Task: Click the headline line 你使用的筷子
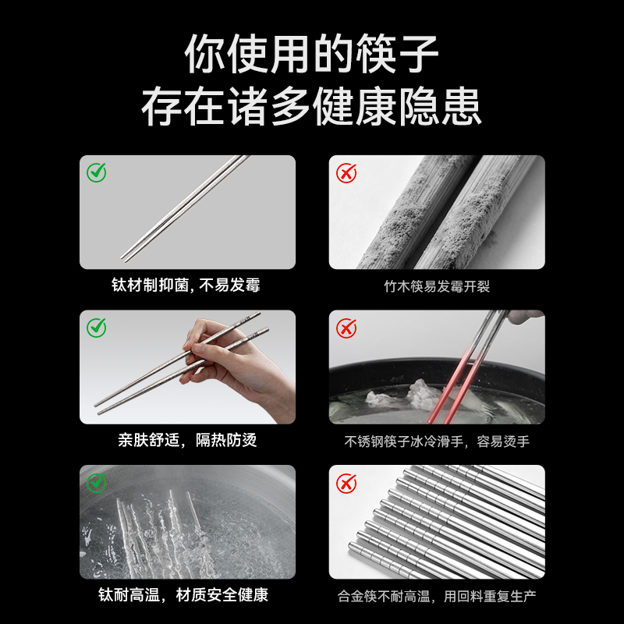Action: coord(311,54)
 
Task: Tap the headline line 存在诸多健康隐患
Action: coord(311,107)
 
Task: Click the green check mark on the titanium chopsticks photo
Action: coord(96,172)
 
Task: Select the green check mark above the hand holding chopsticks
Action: coord(96,328)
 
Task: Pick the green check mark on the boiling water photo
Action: coord(96,483)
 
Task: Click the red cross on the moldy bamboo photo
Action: coord(346,173)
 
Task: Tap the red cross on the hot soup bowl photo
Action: coord(346,328)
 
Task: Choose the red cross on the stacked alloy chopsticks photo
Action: coord(346,484)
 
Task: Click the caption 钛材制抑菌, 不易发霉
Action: coord(186,285)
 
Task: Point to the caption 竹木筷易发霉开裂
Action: coord(437,286)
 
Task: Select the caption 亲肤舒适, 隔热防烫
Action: coord(187,440)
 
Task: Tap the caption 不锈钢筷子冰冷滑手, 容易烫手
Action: coord(437,441)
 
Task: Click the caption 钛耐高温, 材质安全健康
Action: coord(183,595)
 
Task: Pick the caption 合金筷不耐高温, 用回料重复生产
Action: coord(437,596)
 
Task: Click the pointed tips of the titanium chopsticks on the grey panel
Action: coord(124,260)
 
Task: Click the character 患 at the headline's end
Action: coord(462,107)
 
